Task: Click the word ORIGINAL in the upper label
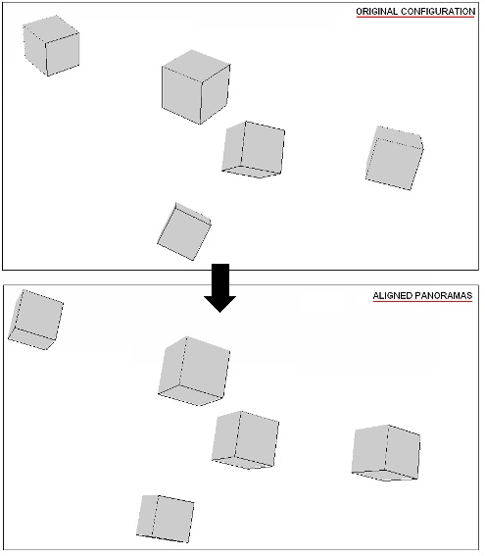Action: point(376,11)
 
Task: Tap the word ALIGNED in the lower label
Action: point(390,295)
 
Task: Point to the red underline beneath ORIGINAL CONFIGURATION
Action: point(415,18)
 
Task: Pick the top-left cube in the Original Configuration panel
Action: point(51,46)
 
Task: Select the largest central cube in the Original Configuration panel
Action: point(195,86)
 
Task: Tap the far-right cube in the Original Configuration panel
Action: point(394,158)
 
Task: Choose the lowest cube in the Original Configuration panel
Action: point(183,232)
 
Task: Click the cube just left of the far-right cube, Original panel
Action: point(254,150)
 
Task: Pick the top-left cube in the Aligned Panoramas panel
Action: point(35,320)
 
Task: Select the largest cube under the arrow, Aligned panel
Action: point(194,371)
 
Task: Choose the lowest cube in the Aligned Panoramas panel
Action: point(165,517)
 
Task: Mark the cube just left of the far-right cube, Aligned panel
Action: point(245,439)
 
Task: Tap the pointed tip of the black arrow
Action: point(222,309)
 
